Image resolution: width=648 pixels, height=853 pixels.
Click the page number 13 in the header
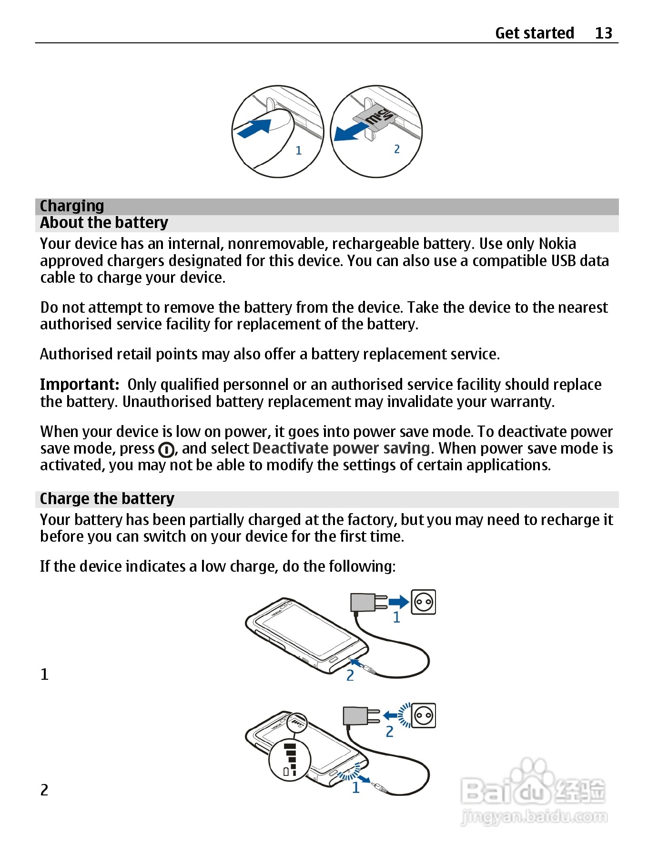603,33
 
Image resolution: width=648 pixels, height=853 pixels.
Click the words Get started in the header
534,33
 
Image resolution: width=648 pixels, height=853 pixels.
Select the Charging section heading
72,206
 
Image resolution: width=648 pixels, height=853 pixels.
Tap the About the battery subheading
104,223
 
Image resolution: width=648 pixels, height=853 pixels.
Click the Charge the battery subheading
107,498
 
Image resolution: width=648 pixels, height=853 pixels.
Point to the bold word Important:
79,384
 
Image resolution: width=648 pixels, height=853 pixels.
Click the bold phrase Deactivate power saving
341,448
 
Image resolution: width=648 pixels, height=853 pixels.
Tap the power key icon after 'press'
166,450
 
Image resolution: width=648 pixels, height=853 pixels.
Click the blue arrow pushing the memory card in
254,128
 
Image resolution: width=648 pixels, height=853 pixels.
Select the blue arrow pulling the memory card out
350,132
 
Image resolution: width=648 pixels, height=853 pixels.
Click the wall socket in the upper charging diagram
423,602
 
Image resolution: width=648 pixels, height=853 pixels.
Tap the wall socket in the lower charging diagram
424,715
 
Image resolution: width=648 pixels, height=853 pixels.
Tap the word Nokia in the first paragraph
557,244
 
